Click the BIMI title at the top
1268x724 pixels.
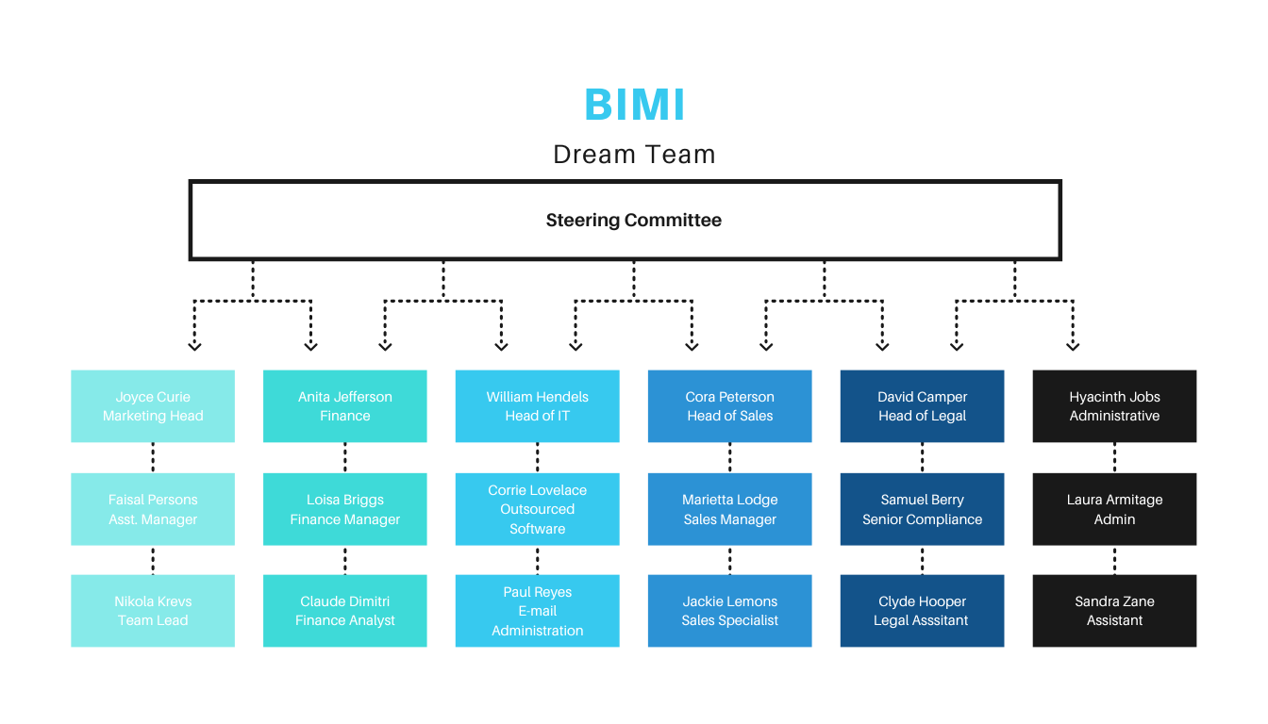coord(634,104)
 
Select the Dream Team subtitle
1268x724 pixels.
coord(634,155)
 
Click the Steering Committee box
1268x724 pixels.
coord(625,221)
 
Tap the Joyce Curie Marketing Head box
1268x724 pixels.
coord(153,406)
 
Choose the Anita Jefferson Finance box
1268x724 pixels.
coord(345,406)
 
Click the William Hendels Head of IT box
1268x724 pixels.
coord(537,406)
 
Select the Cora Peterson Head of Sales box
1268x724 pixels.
coord(729,406)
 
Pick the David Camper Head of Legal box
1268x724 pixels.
coord(922,406)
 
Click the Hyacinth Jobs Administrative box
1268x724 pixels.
coord(1114,406)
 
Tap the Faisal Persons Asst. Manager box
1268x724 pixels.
coord(153,509)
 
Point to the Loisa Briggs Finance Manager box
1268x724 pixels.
coord(345,509)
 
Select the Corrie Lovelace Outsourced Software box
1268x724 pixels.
coord(537,509)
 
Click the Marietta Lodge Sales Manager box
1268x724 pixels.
coord(729,509)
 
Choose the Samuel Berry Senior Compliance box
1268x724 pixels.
coord(922,509)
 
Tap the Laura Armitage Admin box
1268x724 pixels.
coord(1114,509)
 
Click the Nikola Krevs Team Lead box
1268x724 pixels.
coord(153,611)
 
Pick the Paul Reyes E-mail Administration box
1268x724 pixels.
coord(537,611)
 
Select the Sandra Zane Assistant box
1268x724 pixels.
coord(1114,611)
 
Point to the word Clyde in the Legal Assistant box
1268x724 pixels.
coord(896,601)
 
